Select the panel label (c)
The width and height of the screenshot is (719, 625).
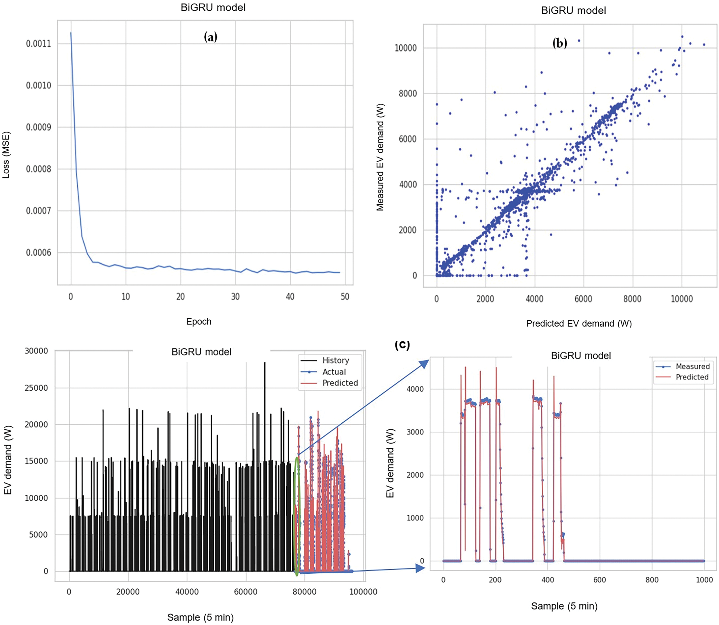402,345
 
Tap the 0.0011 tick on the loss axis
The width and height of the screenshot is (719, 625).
38,44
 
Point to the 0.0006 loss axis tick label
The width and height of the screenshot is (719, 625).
38,253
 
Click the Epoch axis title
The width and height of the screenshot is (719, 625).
199,321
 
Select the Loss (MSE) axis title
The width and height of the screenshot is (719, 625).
6,155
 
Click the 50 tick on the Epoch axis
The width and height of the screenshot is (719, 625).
345,297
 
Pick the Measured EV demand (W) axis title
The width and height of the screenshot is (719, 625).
380,157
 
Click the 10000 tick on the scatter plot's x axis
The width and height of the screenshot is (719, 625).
682,299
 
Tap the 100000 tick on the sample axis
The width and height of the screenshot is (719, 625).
363,592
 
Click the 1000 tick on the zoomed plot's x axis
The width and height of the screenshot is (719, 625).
704,580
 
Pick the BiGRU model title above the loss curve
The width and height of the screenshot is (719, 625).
213,8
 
